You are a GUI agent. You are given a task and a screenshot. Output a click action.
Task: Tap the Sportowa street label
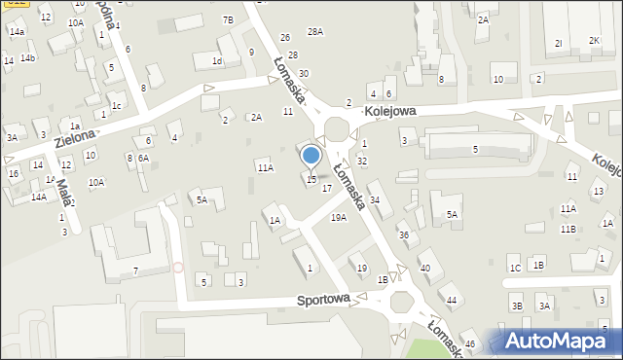click(324, 301)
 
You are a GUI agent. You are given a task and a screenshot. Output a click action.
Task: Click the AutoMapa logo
click(561, 342)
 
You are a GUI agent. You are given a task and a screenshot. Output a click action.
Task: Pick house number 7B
click(228, 19)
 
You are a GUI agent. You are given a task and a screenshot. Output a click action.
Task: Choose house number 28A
click(314, 32)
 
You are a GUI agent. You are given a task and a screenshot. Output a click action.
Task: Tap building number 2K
click(593, 41)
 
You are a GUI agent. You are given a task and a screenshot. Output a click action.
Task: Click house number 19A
click(338, 218)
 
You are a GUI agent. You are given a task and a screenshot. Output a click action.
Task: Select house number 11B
click(568, 229)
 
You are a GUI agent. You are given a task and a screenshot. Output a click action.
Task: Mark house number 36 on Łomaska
click(403, 235)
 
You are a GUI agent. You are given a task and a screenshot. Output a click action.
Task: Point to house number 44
click(451, 300)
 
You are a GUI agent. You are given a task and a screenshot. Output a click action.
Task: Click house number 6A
click(143, 158)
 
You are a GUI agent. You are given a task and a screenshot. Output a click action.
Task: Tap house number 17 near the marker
click(327, 188)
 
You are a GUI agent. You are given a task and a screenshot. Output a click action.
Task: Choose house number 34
click(374, 199)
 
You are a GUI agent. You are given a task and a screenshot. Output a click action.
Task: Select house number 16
click(14, 173)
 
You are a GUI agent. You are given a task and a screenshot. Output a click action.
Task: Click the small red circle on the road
click(177, 266)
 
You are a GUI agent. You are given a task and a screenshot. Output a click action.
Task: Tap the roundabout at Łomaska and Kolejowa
click(338, 129)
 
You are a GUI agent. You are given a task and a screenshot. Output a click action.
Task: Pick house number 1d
click(217, 61)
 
